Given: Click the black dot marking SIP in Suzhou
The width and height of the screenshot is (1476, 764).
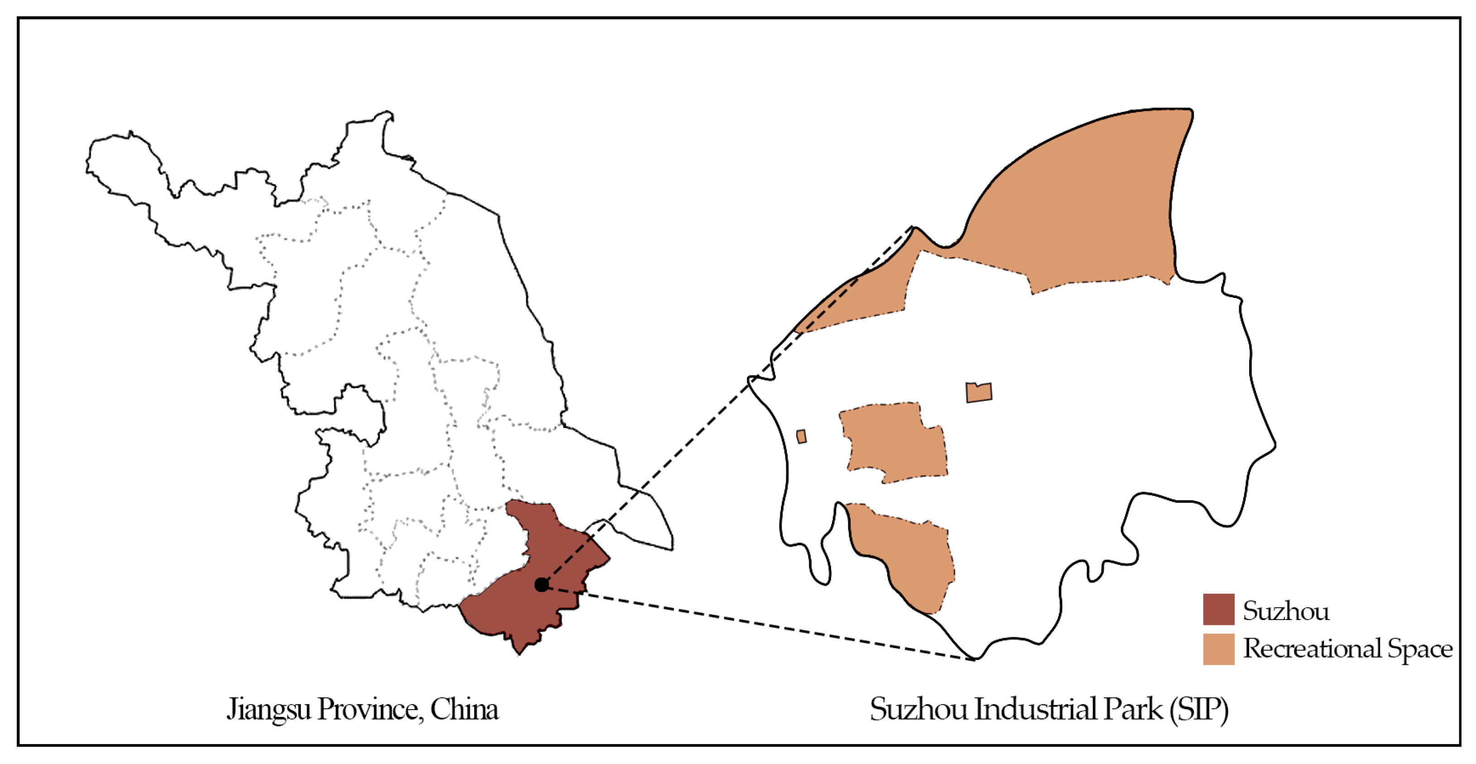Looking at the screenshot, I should tap(541, 585).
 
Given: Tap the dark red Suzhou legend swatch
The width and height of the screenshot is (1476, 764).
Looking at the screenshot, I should tap(1218, 609).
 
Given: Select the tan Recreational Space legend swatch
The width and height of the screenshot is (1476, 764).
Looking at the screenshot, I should tap(1218, 649).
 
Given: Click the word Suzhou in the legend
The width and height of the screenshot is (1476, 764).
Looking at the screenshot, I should tap(1286, 611).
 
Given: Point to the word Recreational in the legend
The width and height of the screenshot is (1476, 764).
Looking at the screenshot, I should tap(1312, 649).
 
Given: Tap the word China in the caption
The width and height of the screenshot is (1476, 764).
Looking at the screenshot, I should tap(464, 710).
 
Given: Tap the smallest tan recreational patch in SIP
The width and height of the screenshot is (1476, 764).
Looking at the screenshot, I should tap(802, 437).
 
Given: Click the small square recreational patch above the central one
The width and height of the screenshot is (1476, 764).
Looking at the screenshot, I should tap(979, 393).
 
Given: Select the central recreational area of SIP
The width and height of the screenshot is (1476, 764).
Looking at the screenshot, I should tap(894, 441).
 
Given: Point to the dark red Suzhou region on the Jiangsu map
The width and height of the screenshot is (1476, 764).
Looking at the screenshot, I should tap(533, 596).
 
